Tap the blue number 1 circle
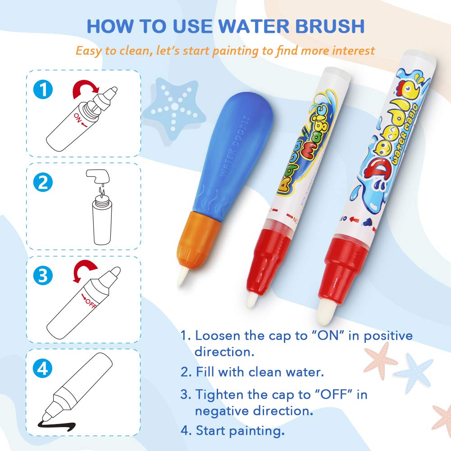pos(43,90)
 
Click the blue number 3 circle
pos(43,276)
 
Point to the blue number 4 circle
pos(43,369)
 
